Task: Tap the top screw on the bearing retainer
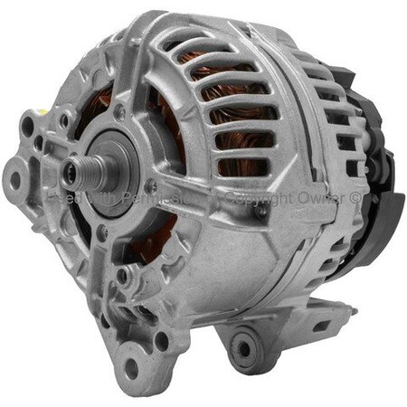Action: point(119,116)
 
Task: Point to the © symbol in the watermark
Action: point(356,196)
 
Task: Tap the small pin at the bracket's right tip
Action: point(354,310)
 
